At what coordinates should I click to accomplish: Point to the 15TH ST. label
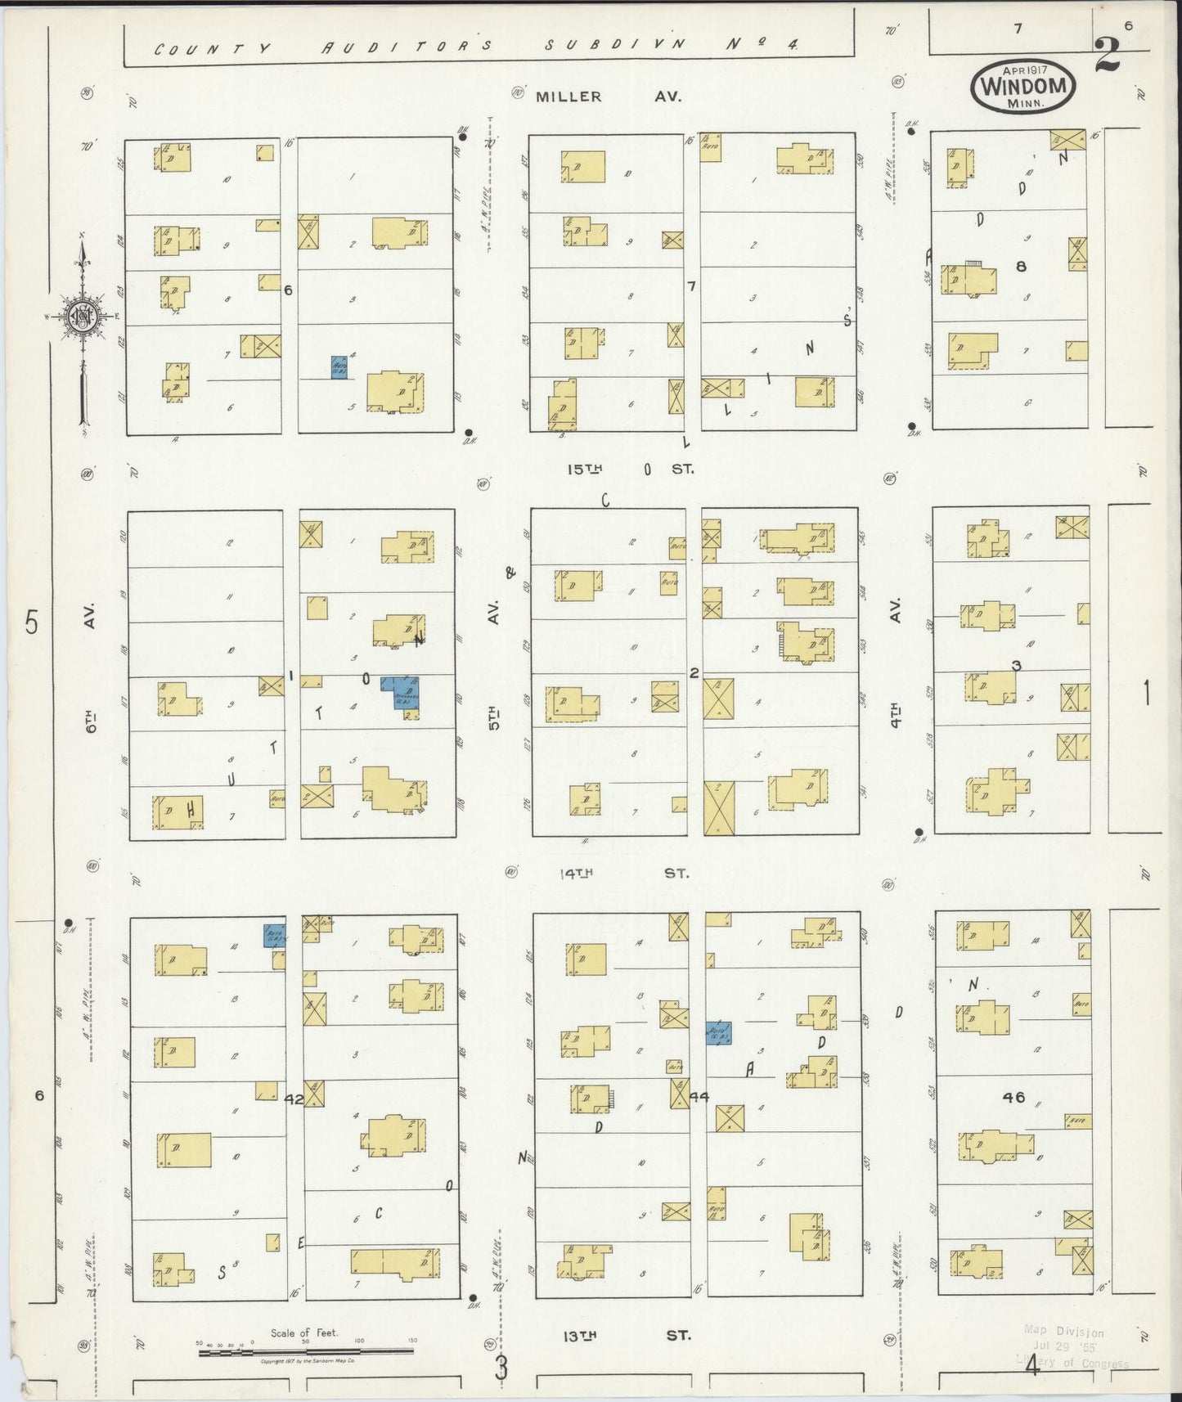[630, 470]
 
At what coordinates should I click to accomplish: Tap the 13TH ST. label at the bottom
[626, 1336]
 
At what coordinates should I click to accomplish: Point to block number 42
[293, 1100]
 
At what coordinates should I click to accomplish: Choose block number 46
[1013, 1097]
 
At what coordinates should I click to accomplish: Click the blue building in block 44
[718, 1032]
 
